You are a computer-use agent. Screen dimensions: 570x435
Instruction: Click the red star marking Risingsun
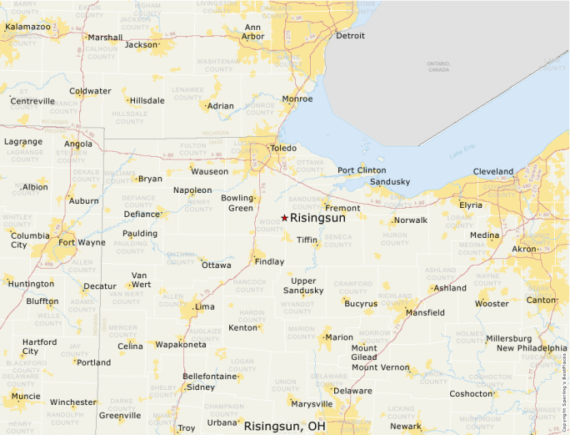tap(284, 218)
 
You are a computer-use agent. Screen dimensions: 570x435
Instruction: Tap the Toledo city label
tap(282, 149)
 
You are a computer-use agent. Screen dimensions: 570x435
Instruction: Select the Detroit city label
tap(350, 36)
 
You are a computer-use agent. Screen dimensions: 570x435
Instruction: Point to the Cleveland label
tap(493, 171)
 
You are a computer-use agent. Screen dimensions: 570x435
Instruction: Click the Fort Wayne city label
tap(82, 243)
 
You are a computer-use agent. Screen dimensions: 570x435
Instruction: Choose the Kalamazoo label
tap(27, 27)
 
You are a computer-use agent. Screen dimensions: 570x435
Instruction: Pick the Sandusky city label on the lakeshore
tap(390, 181)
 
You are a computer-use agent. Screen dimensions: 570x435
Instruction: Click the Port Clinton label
tap(362, 170)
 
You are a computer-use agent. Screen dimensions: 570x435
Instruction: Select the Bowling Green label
tap(237, 203)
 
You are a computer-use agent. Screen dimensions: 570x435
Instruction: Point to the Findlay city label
tap(269, 261)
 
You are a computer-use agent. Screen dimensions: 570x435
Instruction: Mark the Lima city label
tap(204, 306)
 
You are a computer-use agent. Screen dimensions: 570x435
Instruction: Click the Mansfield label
tap(425, 312)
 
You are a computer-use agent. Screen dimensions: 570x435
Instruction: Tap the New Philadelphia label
tap(532, 348)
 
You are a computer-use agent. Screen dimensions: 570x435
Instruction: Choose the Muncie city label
tap(25, 396)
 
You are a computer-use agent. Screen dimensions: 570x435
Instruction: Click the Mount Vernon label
tap(380, 367)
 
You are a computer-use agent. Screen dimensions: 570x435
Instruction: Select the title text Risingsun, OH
tap(284, 426)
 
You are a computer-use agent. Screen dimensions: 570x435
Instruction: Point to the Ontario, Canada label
tap(438, 66)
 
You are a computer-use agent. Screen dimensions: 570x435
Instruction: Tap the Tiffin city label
tap(307, 240)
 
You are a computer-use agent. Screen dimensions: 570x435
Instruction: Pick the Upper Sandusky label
tap(303, 286)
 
